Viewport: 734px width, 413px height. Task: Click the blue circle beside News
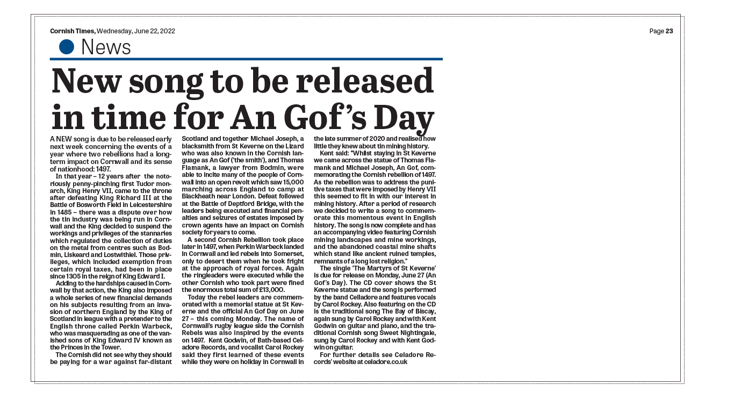pyautogui.click(x=66, y=47)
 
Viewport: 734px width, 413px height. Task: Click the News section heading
pyautogui.click(x=106, y=47)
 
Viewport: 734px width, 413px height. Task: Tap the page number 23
pyautogui.click(x=669, y=31)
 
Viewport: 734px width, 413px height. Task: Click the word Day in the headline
pyautogui.click(x=405, y=117)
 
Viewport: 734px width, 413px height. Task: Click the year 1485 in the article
pyautogui.click(x=58, y=212)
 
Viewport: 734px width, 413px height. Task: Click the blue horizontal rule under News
pyautogui.click(x=246, y=59)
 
